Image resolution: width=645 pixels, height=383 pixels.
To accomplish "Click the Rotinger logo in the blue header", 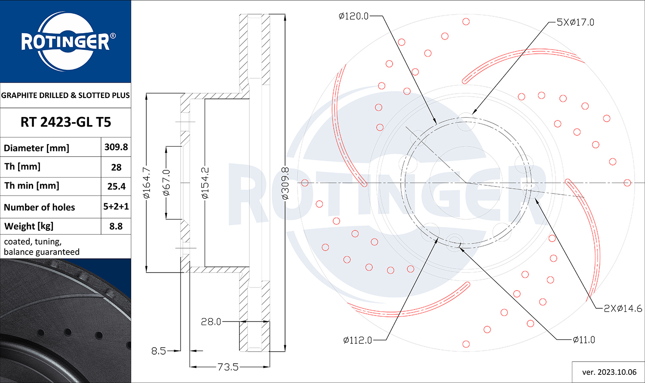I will [65, 42].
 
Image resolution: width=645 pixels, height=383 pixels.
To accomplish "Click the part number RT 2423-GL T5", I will [65, 122].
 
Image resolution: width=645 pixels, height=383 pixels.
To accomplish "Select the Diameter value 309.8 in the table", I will [116, 147].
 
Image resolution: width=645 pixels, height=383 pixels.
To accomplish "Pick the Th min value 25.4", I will [116, 186].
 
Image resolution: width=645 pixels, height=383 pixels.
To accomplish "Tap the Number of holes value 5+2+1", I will [116, 206].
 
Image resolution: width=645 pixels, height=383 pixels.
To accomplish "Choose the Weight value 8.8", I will [116, 226].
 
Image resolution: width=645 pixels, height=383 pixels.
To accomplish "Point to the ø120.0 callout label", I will [353, 16].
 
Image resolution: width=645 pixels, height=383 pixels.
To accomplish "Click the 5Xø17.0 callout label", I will [575, 22].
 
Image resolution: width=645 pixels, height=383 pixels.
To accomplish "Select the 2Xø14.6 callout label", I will [623, 308].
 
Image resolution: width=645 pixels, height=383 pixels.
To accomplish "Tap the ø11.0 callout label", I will [584, 340].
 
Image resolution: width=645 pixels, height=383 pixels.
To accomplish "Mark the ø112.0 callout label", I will [357, 340].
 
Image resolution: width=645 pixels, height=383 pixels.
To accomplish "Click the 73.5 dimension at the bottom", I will [228, 367].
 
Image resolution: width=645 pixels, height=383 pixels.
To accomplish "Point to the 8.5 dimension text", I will [159, 351].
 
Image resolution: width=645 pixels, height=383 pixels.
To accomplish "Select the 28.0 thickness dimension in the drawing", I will [211, 322].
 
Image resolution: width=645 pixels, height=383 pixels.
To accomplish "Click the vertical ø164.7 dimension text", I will [147, 183].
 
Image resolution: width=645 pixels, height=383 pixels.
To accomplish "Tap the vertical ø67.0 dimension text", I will [167, 183].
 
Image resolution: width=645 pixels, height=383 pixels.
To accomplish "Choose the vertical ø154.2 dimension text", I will [205, 183].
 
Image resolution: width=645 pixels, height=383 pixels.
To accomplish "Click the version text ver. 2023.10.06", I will [609, 372].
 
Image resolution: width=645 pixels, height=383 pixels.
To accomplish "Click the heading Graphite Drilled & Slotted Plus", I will [65, 95].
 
